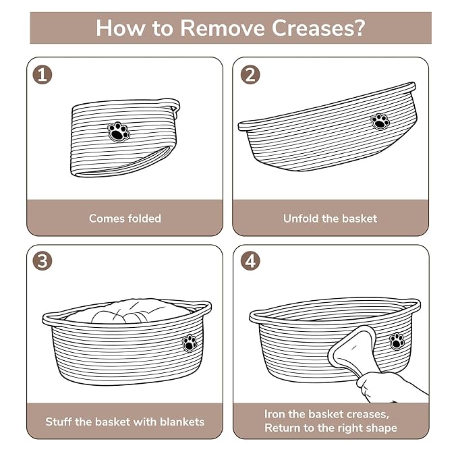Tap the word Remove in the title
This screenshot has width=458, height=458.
(222, 28)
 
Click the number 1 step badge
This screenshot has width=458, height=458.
(42, 74)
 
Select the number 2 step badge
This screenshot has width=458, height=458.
(250, 74)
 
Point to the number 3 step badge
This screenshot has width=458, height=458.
(42, 260)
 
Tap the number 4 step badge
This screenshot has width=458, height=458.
(250, 260)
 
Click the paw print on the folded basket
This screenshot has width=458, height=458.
(118, 132)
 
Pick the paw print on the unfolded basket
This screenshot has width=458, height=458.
(380, 121)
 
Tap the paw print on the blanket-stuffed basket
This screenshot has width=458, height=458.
(190, 343)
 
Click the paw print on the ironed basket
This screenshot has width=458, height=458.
(397, 341)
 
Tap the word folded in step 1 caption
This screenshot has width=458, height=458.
(145, 218)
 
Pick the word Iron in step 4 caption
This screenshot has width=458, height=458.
(275, 414)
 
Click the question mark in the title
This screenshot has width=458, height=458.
(360, 28)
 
